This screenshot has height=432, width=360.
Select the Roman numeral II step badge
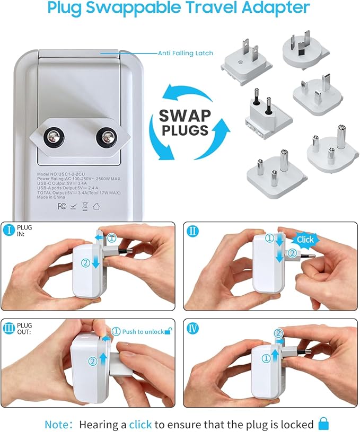coord(192,231)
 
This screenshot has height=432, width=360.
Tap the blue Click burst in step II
coord(305,240)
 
